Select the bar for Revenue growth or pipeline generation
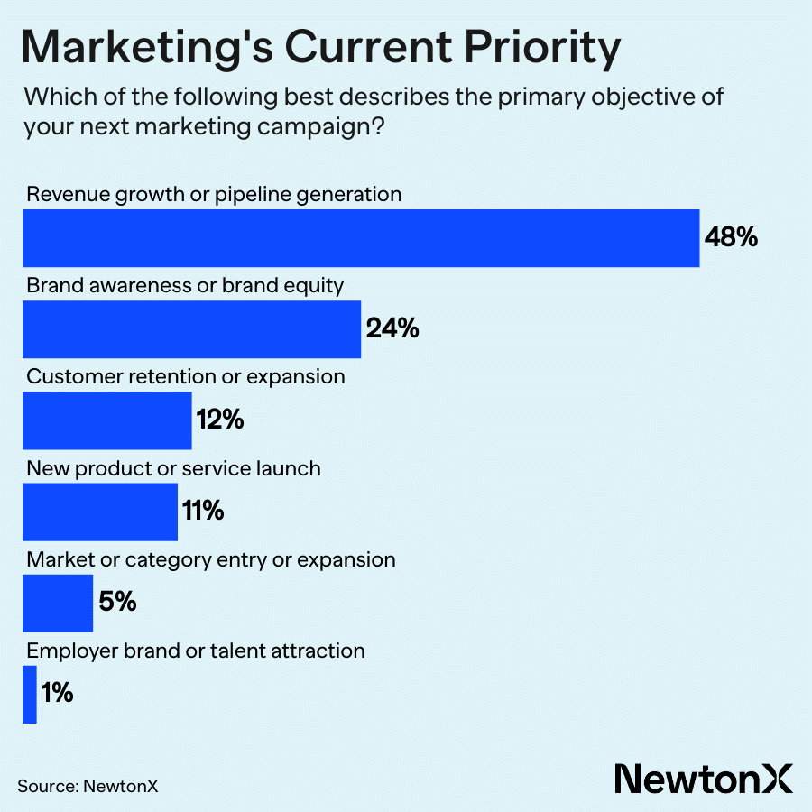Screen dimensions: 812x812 click(x=361, y=238)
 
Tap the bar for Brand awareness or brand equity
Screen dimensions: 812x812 click(x=191, y=329)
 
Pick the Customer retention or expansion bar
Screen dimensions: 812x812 click(x=106, y=420)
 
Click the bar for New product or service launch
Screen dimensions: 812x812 click(x=99, y=512)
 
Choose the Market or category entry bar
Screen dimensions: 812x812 click(x=57, y=603)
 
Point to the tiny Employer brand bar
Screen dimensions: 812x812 click(x=30, y=694)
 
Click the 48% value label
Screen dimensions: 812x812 click(x=732, y=238)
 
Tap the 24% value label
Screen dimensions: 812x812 click(x=392, y=329)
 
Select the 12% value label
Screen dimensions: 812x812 click(x=220, y=420)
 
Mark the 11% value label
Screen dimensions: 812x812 click(x=203, y=512)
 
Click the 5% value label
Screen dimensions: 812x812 click(x=117, y=603)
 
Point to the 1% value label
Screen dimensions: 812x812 click(x=57, y=694)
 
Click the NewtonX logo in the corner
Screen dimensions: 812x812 click(x=703, y=777)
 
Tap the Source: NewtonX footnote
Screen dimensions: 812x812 click(x=88, y=785)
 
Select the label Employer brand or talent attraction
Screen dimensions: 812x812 click(x=196, y=651)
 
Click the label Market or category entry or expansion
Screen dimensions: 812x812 click(x=211, y=559)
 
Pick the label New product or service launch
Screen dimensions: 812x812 click(x=174, y=468)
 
